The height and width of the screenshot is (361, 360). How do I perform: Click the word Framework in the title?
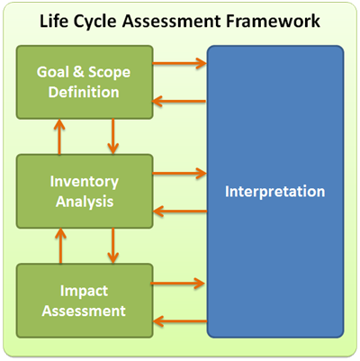tap(273, 22)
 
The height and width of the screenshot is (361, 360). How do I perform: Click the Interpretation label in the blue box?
tap(274, 192)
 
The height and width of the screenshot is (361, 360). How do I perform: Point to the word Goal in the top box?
tap(52, 72)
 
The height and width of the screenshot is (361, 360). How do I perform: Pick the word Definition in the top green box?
tap(84, 92)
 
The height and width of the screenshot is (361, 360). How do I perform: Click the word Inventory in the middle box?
tap(85, 183)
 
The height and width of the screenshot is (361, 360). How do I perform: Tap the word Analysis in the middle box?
tap(85, 202)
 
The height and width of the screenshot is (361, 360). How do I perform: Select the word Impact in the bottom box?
tap(84, 291)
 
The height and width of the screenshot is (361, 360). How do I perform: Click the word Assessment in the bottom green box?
tap(84, 311)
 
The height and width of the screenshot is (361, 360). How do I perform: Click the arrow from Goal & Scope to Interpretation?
tap(179, 63)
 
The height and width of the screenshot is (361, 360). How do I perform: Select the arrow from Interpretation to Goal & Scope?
tap(179, 101)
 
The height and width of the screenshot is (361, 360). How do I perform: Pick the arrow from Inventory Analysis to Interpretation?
tap(179, 173)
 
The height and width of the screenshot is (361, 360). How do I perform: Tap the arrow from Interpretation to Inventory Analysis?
tap(180, 212)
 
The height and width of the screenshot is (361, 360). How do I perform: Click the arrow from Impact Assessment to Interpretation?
tap(177, 284)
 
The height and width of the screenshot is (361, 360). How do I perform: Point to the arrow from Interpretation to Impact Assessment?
tap(180, 321)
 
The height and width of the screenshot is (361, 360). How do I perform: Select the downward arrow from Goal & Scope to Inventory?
tap(112, 136)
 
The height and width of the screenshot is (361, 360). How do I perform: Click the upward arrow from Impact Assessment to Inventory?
tap(61, 246)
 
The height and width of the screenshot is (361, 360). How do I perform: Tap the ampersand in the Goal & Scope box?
tap(78, 72)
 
